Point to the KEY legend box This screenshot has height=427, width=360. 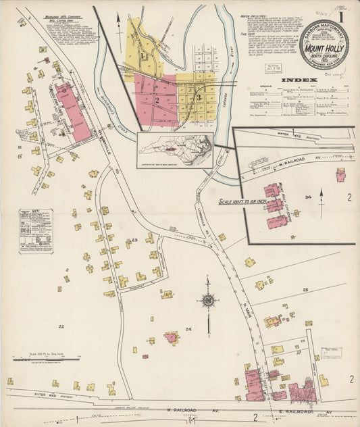36,230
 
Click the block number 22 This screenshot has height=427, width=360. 61,326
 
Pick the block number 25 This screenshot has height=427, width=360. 305,290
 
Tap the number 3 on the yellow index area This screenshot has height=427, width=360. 199,99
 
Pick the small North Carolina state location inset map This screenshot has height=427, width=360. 175,149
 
